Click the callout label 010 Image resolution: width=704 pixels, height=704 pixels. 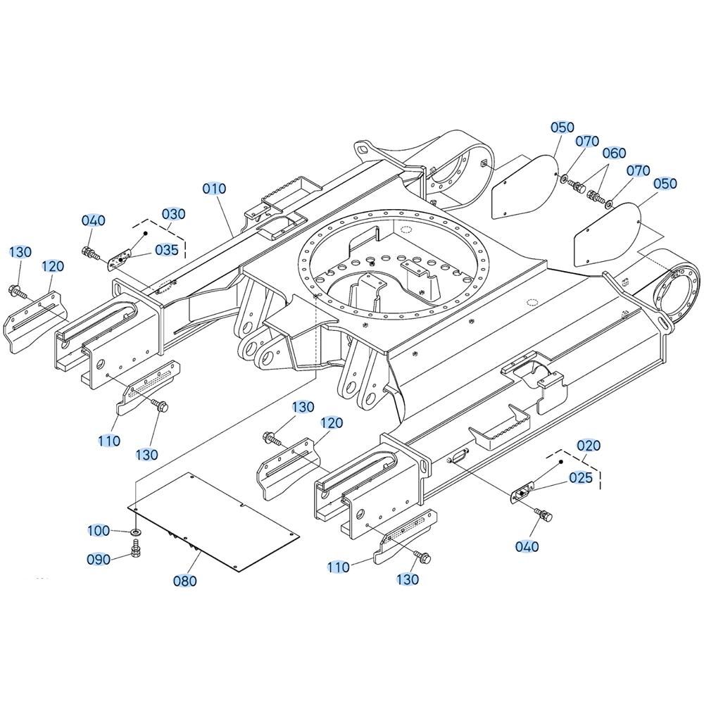coord(214,189)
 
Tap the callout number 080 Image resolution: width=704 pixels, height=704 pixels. coord(185,581)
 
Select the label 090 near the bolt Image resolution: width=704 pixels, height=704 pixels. coord(99,560)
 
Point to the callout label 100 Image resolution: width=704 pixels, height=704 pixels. coord(99,531)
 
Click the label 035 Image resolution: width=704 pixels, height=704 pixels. coord(167,250)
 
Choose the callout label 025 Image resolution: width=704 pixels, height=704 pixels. coord(581,477)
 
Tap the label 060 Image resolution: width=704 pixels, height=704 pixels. coord(614,153)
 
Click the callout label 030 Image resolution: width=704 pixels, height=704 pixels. coord(173,214)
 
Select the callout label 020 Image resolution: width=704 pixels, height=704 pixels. coord(588,446)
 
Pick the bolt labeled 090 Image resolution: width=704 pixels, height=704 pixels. coord(134,548)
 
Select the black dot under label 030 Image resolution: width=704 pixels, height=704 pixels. coord(146,234)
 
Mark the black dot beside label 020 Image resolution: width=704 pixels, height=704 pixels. coord(561,462)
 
